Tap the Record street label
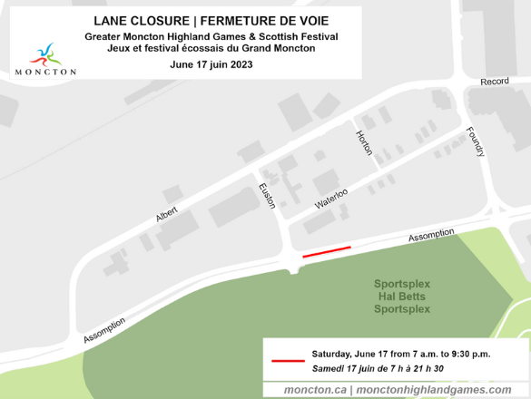(494, 82)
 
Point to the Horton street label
(364, 141)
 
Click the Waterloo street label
(332, 197)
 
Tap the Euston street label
(267, 196)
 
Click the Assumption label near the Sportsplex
(431, 236)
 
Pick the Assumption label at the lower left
(105, 329)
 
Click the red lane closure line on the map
(326, 251)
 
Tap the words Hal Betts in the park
(403, 297)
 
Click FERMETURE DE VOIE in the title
(270, 20)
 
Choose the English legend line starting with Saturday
(400, 353)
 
